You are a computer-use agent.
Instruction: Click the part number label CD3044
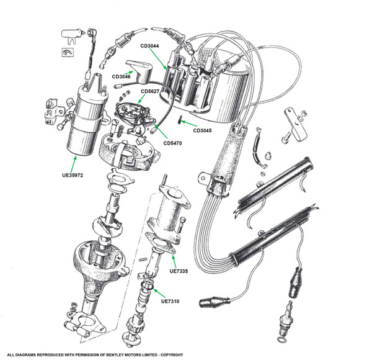[150, 46]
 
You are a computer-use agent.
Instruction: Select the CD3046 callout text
[122, 76]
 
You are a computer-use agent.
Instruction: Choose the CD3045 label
[205, 131]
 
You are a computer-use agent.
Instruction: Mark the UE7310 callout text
[171, 302]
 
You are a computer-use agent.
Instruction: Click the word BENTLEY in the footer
[145, 354]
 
